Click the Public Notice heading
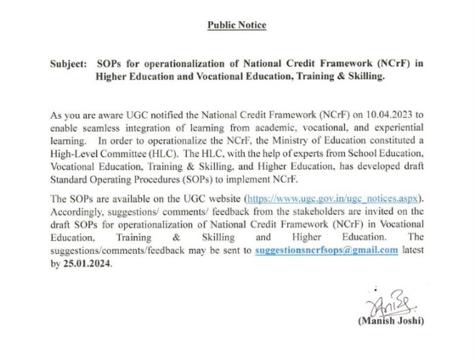coord(237,25)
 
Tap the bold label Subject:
coord(69,65)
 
